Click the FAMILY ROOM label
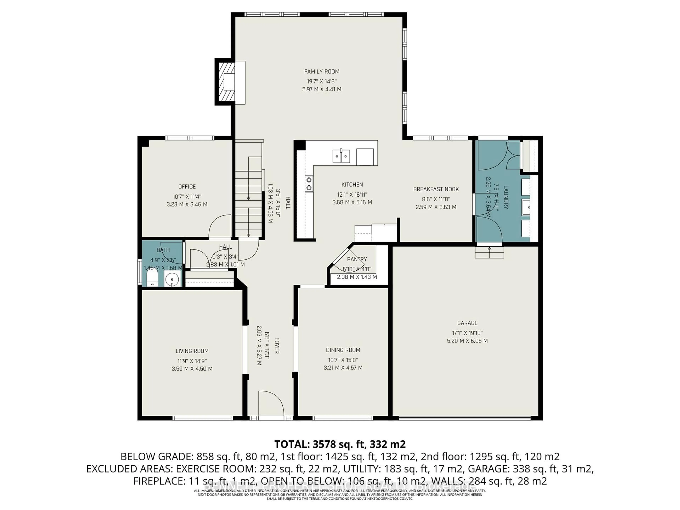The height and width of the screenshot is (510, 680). tap(322, 72)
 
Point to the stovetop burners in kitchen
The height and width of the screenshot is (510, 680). tap(309, 183)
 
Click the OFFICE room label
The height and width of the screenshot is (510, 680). tap(187, 187)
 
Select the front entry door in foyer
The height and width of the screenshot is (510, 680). tap(271, 403)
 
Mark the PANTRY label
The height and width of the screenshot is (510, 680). tap(357, 259)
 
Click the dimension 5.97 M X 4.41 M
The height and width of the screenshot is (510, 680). tap(322, 89)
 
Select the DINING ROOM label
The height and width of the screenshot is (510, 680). tap(343, 350)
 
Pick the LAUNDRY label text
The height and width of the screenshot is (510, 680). tap(506, 197)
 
